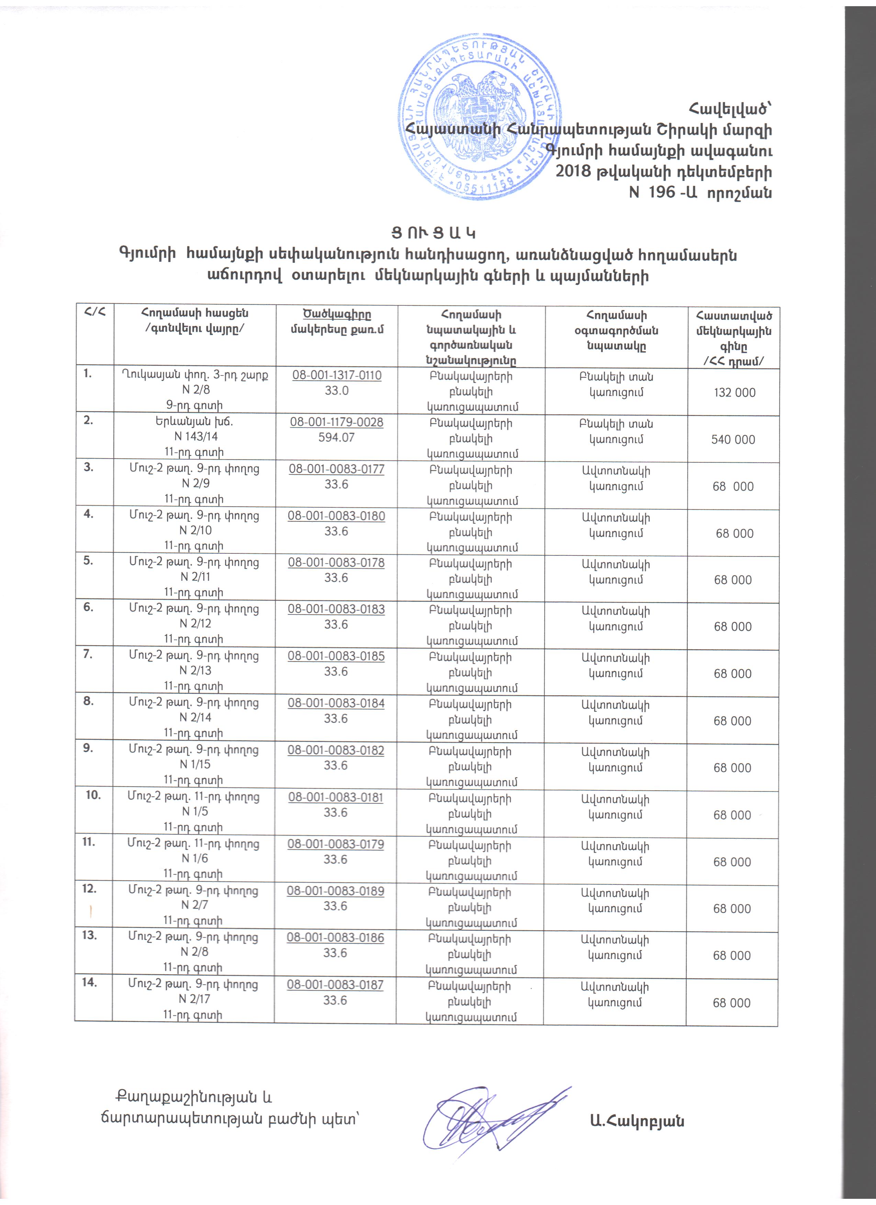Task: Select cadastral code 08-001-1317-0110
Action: point(337,375)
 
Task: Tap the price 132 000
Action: point(734,393)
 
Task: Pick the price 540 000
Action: point(733,439)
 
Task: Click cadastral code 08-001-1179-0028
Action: point(336,423)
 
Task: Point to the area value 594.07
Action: point(336,437)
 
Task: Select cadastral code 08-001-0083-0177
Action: point(336,469)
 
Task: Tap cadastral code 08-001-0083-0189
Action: point(335,891)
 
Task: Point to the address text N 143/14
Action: point(196,437)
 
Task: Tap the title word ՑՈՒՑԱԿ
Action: point(430,234)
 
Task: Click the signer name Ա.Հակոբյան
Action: point(637,1121)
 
